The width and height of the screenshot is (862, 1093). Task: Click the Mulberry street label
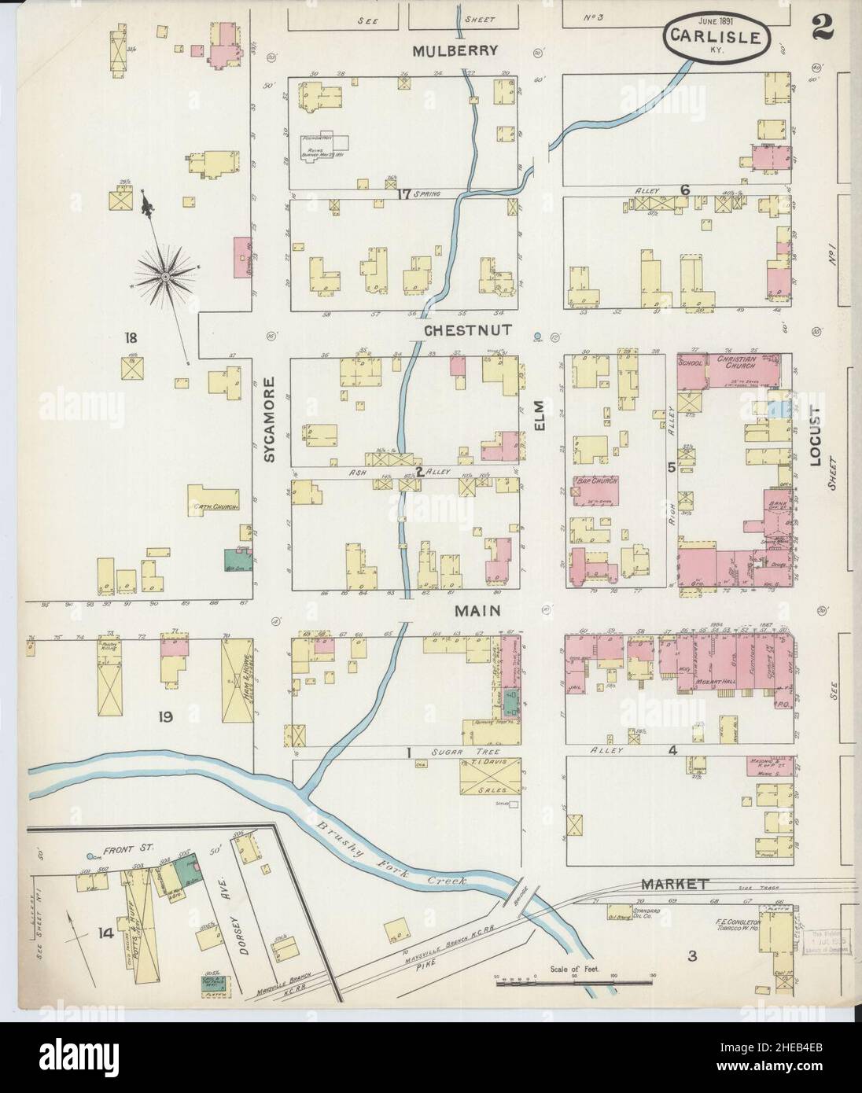point(456,51)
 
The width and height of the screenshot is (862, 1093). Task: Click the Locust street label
point(816,437)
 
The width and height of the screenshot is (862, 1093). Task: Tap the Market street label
point(674,884)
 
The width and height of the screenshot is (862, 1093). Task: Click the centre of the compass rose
point(166,277)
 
